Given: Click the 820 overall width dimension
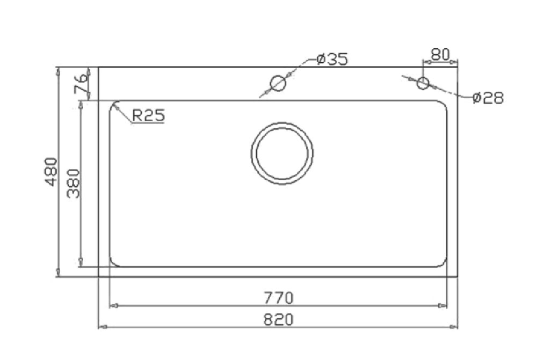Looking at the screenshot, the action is tap(278, 320).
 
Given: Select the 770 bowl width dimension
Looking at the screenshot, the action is tap(278, 298).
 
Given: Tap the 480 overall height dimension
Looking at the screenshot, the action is tap(51, 172).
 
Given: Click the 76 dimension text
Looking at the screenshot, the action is tap(81, 84).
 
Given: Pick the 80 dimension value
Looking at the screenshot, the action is tap(440, 54).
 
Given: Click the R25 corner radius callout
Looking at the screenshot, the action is tap(149, 115).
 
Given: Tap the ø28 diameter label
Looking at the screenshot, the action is tap(488, 98).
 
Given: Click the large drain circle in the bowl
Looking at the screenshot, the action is tap(282, 122).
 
